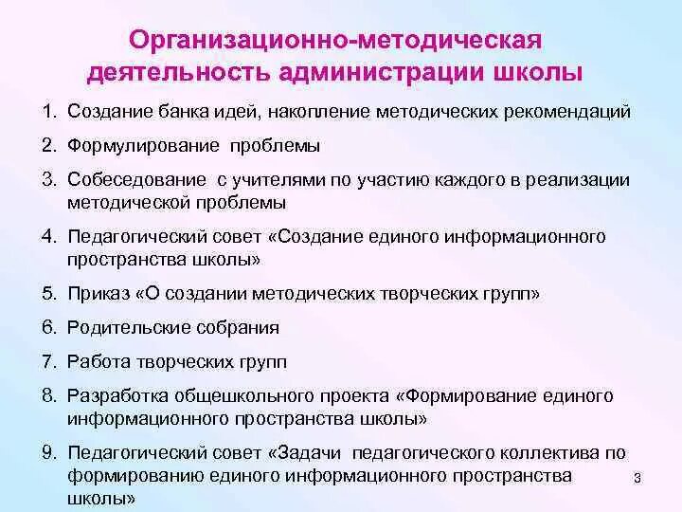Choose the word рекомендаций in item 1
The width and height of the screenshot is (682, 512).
(574, 113)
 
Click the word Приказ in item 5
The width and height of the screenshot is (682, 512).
(94, 294)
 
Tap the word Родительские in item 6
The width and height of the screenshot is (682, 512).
(121, 328)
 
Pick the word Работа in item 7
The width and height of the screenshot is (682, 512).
(94, 361)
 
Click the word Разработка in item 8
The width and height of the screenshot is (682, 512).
(113, 394)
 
